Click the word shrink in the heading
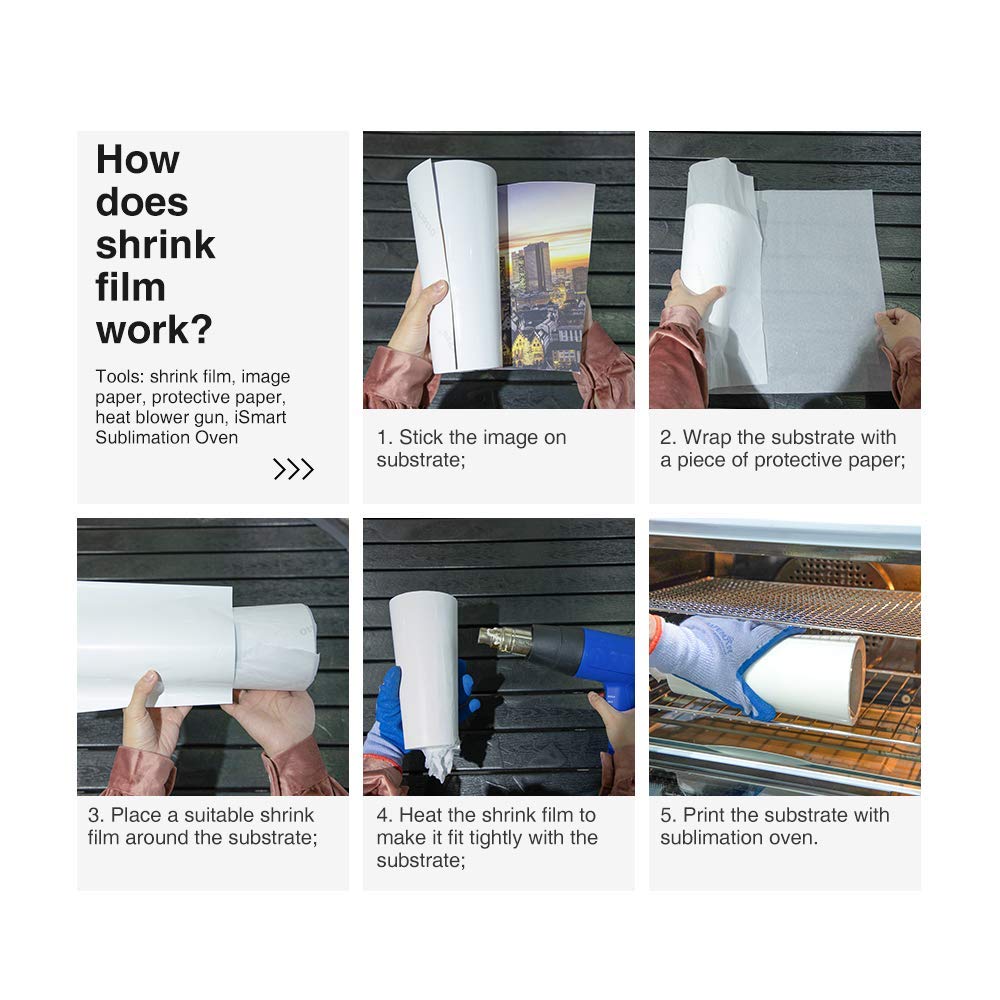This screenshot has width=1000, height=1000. pyautogui.click(x=155, y=245)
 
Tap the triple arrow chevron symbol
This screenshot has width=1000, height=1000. pyautogui.click(x=293, y=469)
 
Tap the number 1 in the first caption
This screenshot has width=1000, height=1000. pyautogui.click(x=382, y=437)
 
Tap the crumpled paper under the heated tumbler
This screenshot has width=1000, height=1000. pyautogui.click(x=438, y=761)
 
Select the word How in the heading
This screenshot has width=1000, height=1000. pyautogui.click(x=137, y=160)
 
